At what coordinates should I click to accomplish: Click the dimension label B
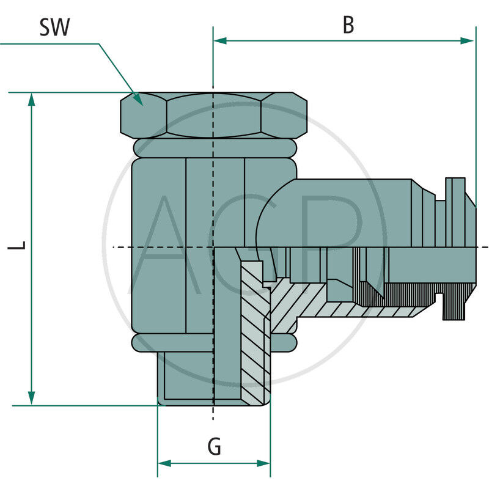(348, 25)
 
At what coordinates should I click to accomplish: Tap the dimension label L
(20, 246)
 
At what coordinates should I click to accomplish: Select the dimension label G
(214, 447)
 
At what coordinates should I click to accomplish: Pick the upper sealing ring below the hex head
(214, 147)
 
